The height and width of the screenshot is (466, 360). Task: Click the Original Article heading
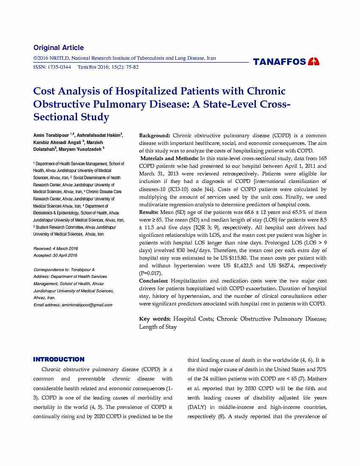58,47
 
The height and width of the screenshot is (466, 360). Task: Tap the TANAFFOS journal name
280,62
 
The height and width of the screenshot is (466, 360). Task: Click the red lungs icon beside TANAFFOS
314,62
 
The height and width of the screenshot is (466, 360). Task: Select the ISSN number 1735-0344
59,67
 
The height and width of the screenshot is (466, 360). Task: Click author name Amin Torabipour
51,135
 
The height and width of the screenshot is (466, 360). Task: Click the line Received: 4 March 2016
55,248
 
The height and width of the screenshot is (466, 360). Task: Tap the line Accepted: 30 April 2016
55,255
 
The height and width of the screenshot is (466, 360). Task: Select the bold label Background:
155,136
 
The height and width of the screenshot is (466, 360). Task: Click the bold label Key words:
155,319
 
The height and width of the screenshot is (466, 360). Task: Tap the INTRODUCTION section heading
59,359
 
